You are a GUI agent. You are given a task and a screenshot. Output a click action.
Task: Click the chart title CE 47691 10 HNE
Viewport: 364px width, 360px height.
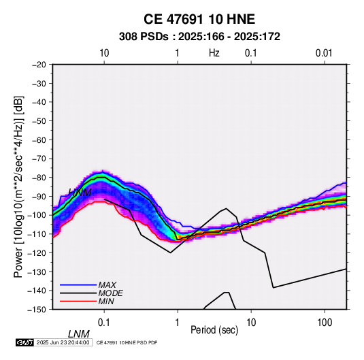click(x=199, y=19)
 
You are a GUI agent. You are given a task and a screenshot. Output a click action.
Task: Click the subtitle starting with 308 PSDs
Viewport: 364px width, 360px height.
click(x=199, y=37)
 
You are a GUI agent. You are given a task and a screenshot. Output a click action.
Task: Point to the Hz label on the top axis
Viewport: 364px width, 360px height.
click(x=214, y=53)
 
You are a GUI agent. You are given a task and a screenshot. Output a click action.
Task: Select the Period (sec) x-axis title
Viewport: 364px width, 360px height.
click(x=214, y=329)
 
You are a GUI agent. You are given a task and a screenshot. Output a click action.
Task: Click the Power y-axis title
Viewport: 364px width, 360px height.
click(x=18, y=186)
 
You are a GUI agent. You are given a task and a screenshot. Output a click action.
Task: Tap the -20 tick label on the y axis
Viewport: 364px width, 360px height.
click(x=39, y=65)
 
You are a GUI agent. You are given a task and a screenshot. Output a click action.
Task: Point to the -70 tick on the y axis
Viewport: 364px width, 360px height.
click(x=39, y=159)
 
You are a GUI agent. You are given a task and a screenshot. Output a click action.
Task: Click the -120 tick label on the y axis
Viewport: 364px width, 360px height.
click(x=37, y=252)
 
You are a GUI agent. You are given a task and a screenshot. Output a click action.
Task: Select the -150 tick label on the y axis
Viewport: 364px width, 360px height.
click(x=37, y=310)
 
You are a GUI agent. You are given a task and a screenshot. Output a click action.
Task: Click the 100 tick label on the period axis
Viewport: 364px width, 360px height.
click(x=325, y=323)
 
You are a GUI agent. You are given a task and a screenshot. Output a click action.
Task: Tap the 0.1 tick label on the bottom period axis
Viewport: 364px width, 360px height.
click(x=104, y=323)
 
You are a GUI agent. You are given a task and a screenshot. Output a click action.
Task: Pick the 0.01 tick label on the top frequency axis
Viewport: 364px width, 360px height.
click(x=324, y=53)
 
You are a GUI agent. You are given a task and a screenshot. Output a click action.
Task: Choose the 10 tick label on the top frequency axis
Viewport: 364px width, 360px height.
click(x=104, y=53)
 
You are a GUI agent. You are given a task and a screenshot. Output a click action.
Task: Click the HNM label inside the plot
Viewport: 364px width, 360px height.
click(x=80, y=193)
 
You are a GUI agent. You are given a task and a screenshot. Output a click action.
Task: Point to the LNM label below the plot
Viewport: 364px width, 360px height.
click(x=79, y=334)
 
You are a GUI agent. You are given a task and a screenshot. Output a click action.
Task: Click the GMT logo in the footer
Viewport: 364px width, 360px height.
click(x=24, y=342)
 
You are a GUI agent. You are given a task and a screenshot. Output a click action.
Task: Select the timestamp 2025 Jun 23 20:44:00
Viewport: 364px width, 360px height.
click(x=63, y=342)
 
